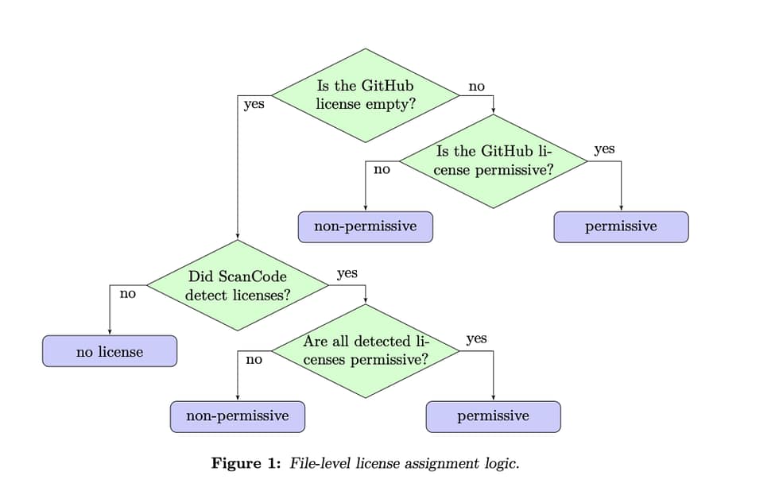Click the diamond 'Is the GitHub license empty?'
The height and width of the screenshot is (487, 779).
(x=365, y=95)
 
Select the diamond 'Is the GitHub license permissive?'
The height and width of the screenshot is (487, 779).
(x=493, y=161)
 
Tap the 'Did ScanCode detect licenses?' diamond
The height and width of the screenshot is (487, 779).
(x=237, y=285)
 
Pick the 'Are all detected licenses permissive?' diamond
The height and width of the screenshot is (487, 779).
(x=366, y=350)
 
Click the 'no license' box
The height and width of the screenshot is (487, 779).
(x=110, y=351)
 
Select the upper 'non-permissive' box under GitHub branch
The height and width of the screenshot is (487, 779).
(x=366, y=226)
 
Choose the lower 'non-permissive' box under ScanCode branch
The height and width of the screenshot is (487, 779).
(x=237, y=415)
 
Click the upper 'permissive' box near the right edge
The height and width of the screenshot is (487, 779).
(x=621, y=226)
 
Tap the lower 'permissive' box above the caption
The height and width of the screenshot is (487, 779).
(x=493, y=415)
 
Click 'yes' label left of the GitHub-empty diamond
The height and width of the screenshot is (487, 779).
(x=254, y=103)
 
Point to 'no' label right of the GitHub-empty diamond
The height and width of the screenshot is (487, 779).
(x=476, y=87)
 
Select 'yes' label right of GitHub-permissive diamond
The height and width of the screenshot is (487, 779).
(x=604, y=149)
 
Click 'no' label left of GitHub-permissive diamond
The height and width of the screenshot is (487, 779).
(x=382, y=169)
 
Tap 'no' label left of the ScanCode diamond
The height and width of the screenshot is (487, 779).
(x=127, y=293)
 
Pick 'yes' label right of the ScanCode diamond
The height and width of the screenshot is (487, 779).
(x=347, y=273)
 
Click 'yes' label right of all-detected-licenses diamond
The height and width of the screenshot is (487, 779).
(x=476, y=338)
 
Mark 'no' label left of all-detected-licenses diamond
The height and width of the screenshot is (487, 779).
(x=254, y=359)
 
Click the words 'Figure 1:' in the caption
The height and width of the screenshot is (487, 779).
(x=246, y=462)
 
